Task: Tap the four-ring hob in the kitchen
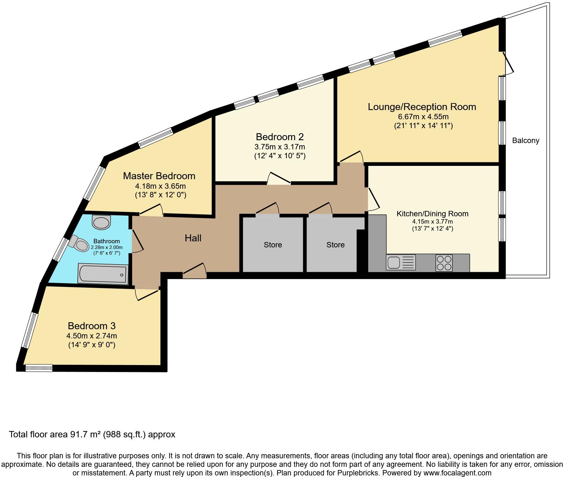444,263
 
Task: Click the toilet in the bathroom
79,244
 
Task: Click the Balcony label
526,140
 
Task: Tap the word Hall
193,238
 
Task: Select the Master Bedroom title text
159,176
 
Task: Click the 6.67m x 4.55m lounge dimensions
423,116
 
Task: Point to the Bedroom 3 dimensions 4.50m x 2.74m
92,336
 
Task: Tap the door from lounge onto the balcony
508,63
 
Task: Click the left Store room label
273,245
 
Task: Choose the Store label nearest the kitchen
335,245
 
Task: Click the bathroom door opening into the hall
137,241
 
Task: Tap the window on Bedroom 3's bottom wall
39,368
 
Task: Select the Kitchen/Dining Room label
432,214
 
